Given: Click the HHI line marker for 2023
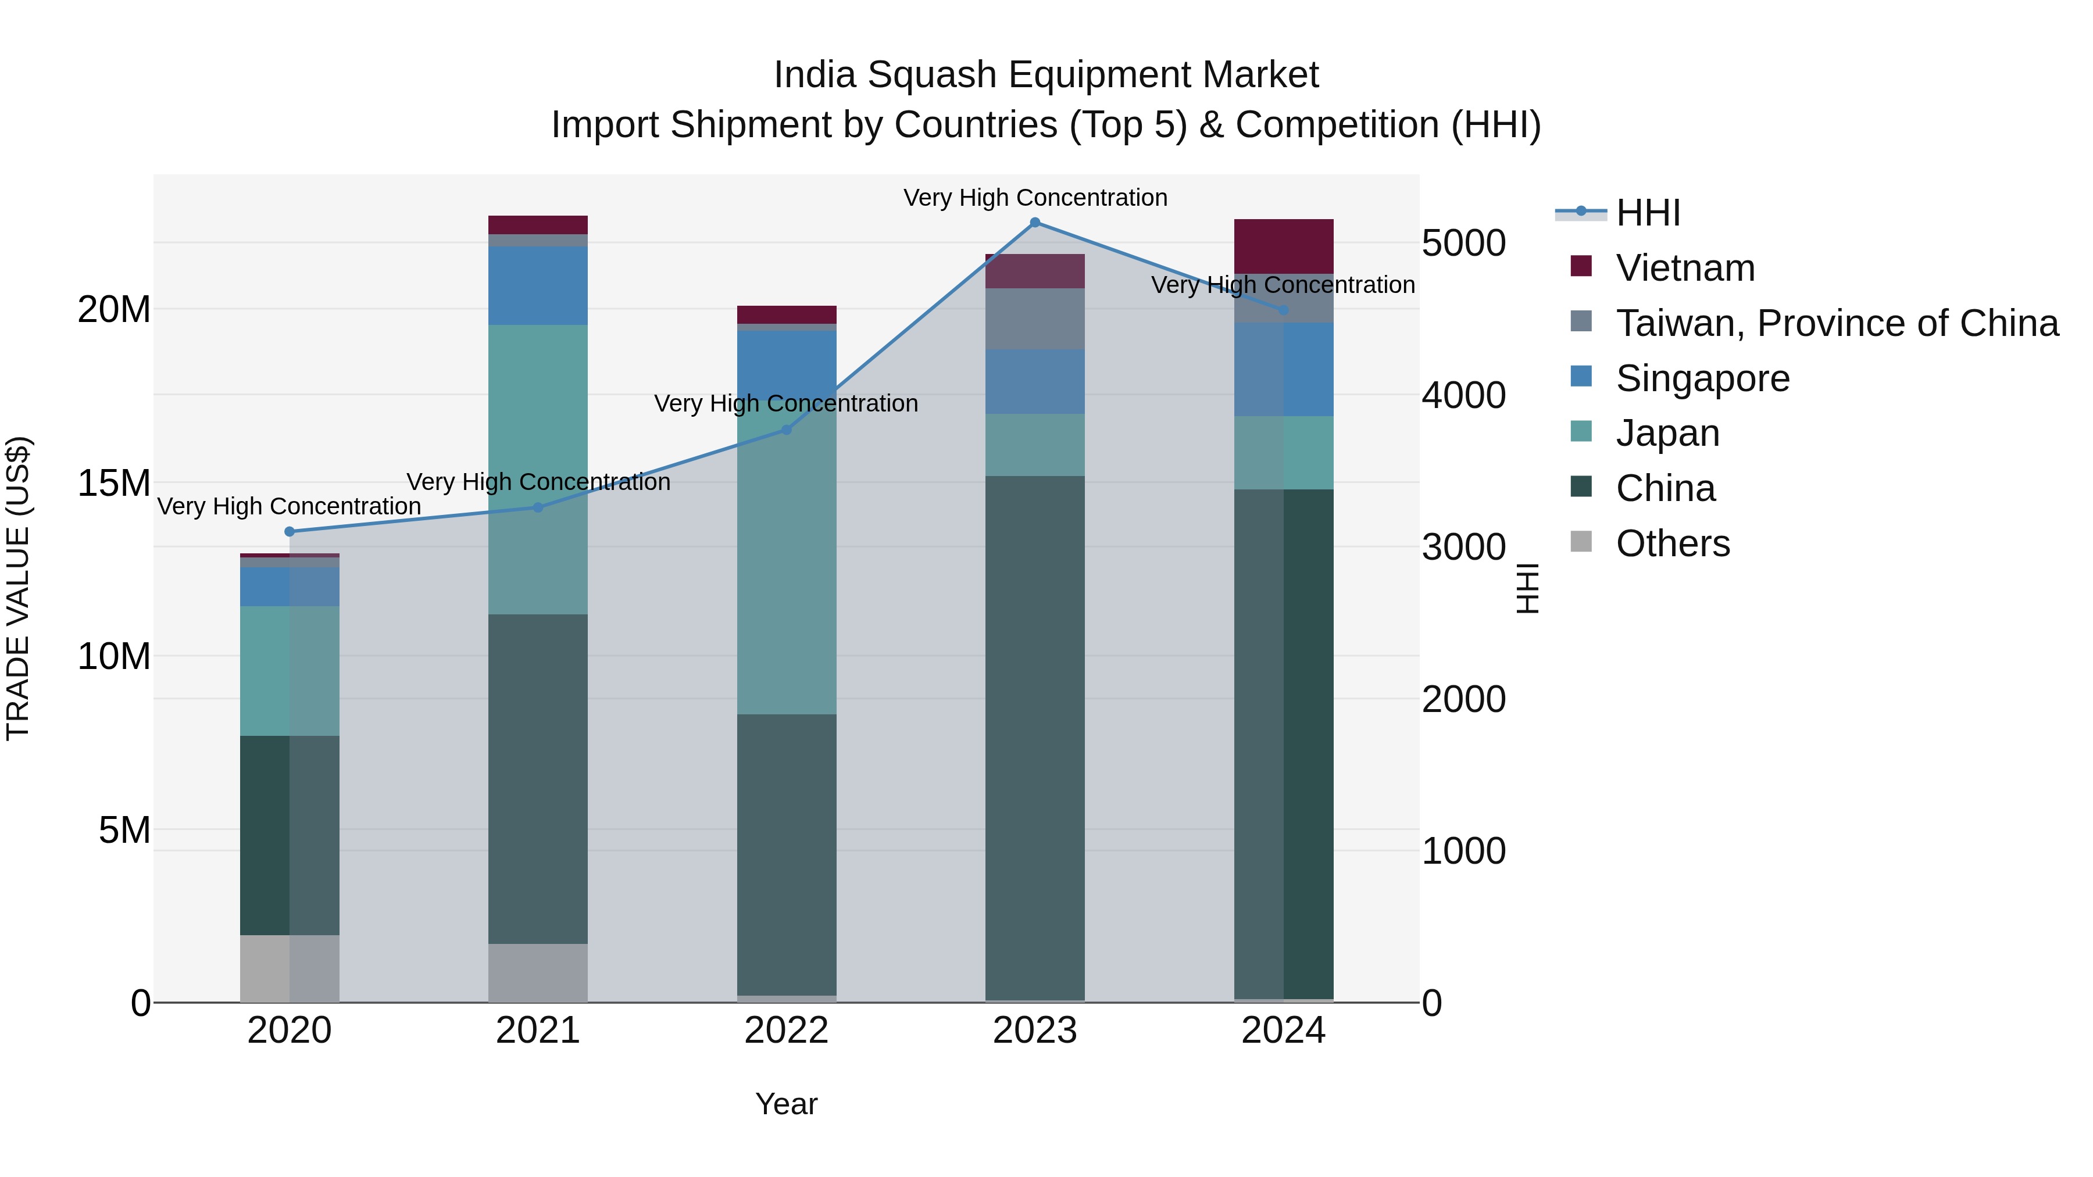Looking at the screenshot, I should tap(1034, 222).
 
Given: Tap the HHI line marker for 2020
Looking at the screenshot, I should tap(290, 531).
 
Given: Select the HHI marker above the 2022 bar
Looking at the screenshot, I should tap(785, 430).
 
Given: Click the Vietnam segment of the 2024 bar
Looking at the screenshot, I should tap(1283, 246).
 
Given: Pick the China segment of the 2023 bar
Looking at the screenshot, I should tap(1034, 737).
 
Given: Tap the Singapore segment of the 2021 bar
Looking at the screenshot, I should tap(537, 285).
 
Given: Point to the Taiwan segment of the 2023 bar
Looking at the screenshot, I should tap(1034, 319).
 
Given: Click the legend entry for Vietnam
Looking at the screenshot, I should tap(1685, 268).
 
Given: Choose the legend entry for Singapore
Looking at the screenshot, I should tap(1702, 378).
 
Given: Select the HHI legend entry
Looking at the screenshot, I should tap(1647, 213).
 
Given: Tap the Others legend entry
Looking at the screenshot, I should tap(1672, 543).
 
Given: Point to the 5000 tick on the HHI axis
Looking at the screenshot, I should tap(1463, 243).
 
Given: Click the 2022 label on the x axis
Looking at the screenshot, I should tap(785, 1031).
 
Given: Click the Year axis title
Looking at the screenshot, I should tap(785, 1104).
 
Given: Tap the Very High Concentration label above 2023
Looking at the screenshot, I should tap(1034, 198).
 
